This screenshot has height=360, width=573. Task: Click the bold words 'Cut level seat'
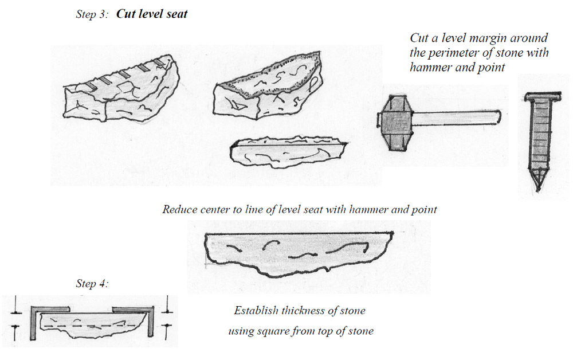[152, 14]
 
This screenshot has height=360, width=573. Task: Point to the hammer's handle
[458, 117]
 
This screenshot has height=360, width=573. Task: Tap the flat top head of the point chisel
[539, 99]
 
